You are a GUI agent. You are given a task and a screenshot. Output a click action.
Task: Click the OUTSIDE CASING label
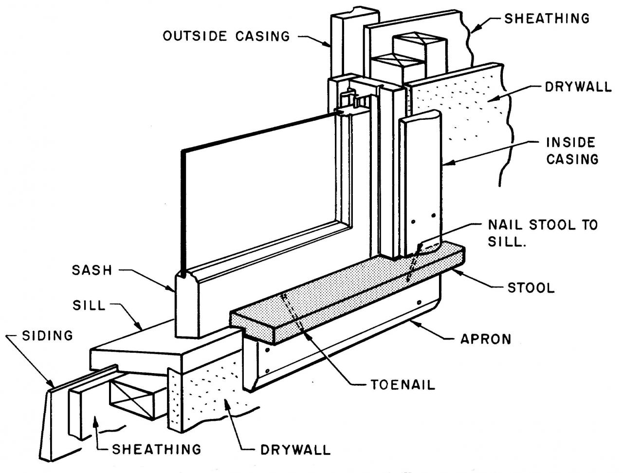[x=226, y=36]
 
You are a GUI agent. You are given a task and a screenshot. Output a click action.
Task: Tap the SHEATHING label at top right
[x=547, y=19]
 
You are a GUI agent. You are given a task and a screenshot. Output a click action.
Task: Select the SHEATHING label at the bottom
[x=156, y=449]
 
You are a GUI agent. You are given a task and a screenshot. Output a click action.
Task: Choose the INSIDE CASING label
[x=571, y=151]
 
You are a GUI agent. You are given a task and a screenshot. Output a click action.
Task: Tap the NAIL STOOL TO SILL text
[x=542, y=233]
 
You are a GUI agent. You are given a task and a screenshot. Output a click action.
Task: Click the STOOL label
[x=531, y=287]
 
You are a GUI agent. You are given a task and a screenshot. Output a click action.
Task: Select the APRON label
[x=486, y=339]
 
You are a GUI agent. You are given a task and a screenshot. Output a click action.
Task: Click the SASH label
[x=92, y=270]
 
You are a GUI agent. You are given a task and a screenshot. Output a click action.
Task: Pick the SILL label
[x=89, y=305]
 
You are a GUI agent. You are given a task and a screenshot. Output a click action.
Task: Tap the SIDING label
[x=47, y=335]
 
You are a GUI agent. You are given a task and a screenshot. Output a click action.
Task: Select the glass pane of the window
[x=258, y=195]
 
